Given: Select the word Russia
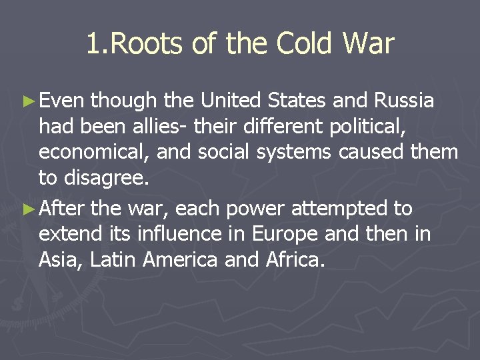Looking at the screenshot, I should (x=404, y=101).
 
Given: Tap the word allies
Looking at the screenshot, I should (x=157, y=127).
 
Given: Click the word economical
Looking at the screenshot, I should (x=95, y=152).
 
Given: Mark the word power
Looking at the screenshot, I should (x=257, y=209).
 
